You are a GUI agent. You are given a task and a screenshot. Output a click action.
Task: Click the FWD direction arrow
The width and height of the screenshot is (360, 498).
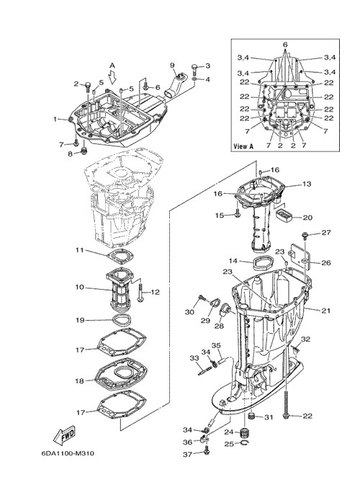click(64, 435)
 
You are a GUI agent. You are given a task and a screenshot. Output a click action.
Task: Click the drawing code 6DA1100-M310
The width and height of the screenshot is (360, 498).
click(67, 453)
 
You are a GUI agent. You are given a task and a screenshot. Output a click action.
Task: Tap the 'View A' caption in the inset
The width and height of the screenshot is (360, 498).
click(243, 146)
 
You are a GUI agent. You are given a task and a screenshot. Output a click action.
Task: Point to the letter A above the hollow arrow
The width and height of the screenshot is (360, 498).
click(112, 66)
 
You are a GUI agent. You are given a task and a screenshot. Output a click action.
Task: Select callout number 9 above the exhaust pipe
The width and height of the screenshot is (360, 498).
click(172, 65)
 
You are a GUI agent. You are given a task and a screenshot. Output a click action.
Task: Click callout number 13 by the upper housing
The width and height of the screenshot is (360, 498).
click(307, 184)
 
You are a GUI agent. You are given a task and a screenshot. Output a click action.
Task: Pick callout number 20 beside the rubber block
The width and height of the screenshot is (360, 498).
click(307, 218)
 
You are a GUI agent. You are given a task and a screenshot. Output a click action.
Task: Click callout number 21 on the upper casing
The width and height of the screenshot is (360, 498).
click(325, 311)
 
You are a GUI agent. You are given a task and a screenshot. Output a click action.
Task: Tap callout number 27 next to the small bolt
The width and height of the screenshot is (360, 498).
click(326, 233)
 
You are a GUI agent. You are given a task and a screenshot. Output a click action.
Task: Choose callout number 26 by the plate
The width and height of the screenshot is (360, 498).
click(326, 262)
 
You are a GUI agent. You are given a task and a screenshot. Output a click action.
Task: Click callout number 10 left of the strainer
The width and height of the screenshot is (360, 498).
click(80, 287)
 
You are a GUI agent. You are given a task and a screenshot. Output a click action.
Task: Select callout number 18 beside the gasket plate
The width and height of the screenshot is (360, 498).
click(80, 381)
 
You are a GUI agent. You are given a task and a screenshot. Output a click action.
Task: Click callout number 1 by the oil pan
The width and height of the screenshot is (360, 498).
click(55, 120)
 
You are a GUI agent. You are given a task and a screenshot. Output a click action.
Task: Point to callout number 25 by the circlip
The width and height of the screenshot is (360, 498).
click(229, 443)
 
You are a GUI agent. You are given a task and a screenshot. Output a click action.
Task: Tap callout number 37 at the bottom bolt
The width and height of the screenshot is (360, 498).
click(187, 455)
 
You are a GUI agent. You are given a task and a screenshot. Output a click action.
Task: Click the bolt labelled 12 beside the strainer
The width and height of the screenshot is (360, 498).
click(140, 293)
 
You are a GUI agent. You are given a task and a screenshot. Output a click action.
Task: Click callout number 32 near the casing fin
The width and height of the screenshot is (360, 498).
click(305, 339)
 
